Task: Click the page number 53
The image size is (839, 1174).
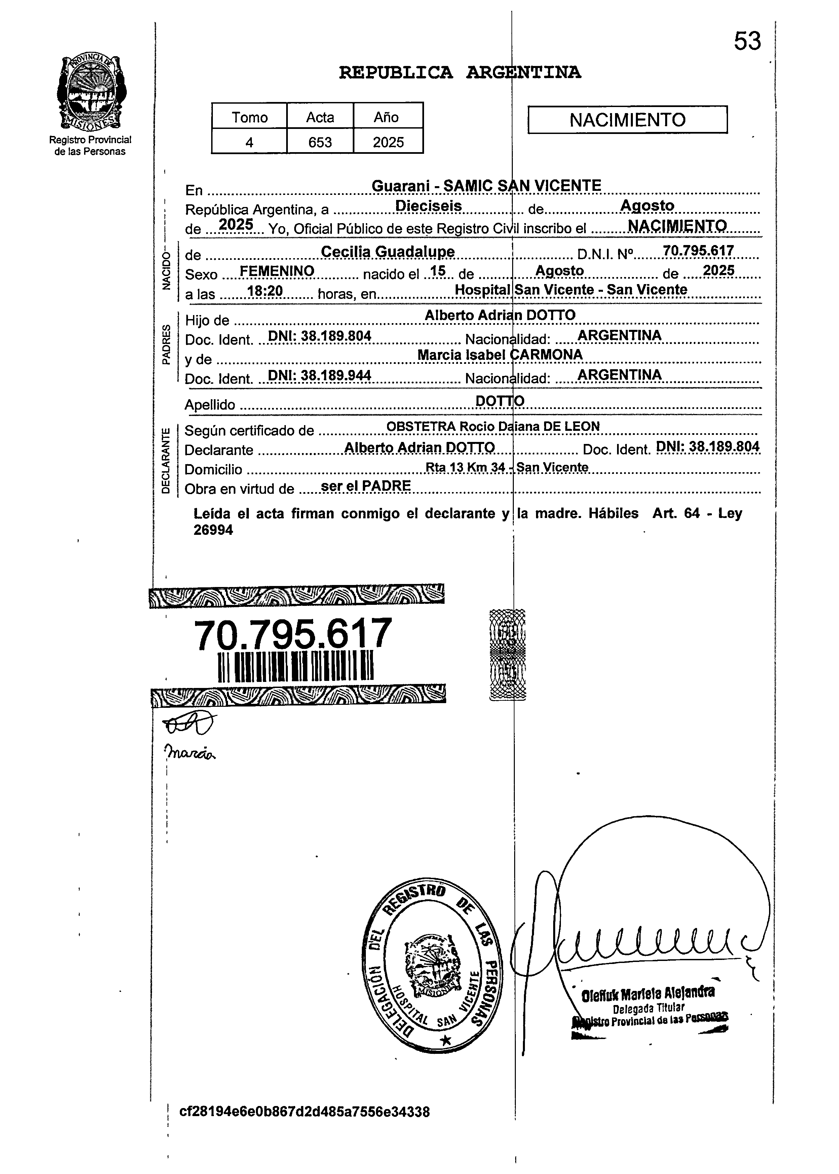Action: click(747, 41)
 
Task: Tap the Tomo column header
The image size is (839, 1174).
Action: click(250, 117)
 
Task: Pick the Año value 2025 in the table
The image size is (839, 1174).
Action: click(388, 142)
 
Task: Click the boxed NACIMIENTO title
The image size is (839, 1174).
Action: click(627, 120)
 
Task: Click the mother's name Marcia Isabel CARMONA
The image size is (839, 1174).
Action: click(500, 355)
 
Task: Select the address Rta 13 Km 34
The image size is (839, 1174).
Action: click(465, 467)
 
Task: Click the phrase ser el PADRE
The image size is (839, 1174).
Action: click(366, 486)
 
